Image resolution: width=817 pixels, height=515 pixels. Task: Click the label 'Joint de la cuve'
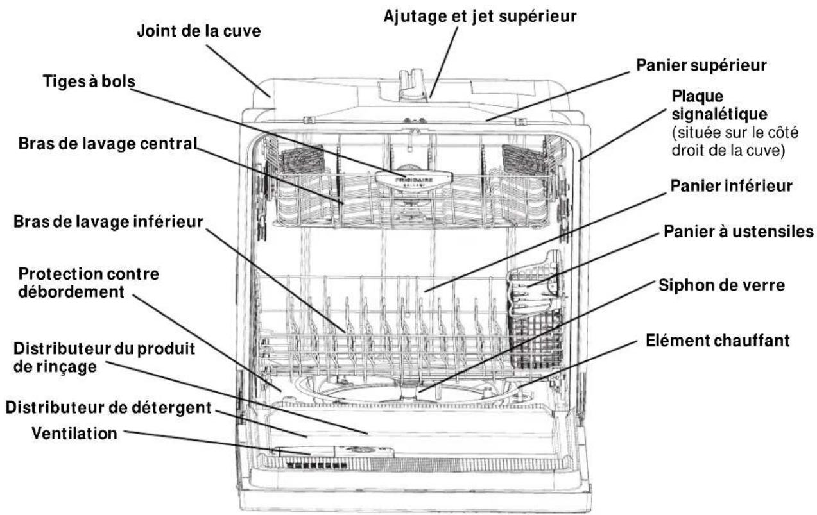[199, 31]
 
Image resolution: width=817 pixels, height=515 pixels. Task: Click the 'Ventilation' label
[74, 434]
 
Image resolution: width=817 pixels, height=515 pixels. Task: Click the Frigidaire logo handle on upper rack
[409, 182]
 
